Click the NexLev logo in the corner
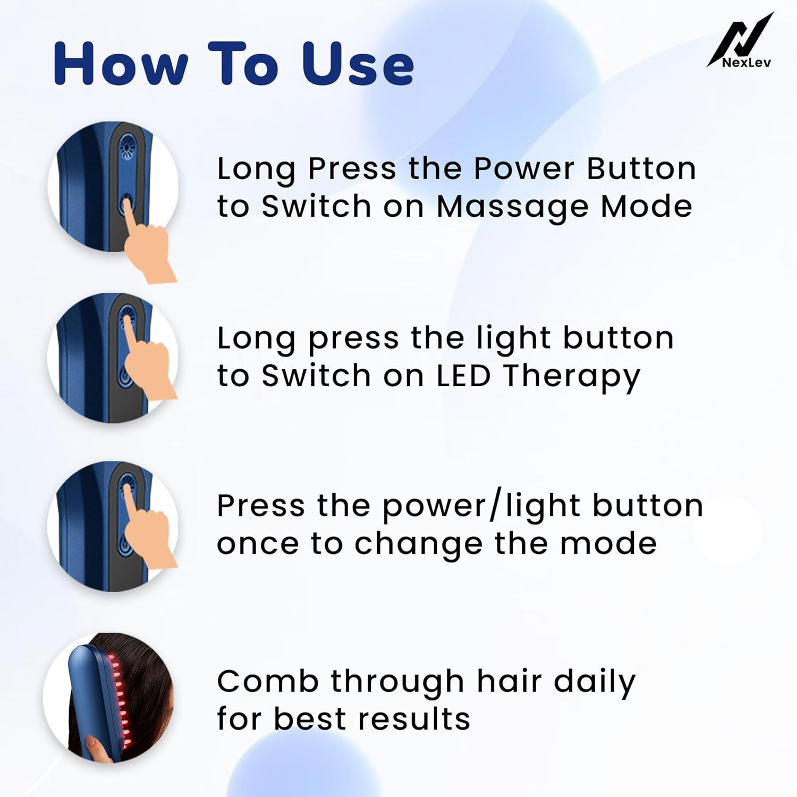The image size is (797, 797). coord(741,41)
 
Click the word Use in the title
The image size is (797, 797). coord(358,64)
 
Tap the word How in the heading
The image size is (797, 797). coord(121,64)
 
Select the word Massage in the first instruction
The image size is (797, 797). coord(512,207)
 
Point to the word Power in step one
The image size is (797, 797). coord(524,169)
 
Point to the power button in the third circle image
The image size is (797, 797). coord(125,545)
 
